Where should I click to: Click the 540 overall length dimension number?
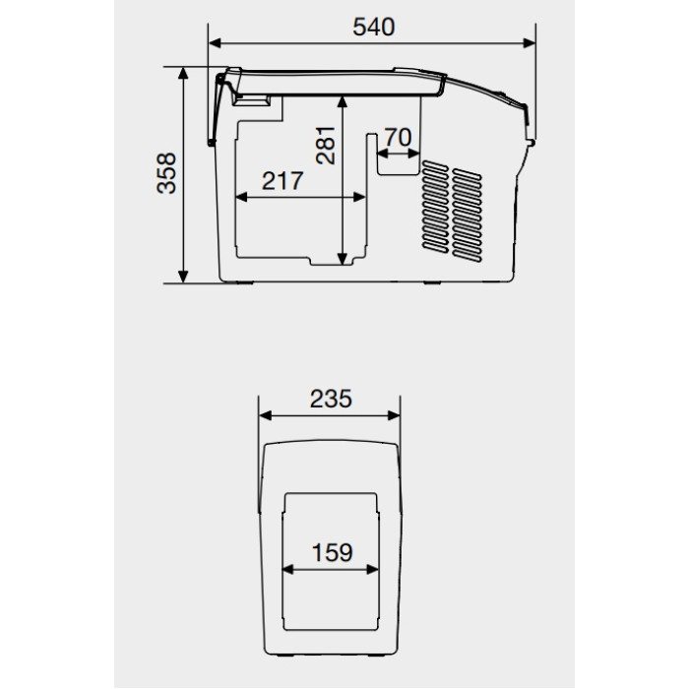[x=373, y=28]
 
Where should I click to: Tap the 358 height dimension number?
[x=166, y=173]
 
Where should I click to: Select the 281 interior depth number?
[x=326, y=146]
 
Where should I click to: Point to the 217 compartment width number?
[x=282, y=180]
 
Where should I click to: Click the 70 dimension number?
[x=398, y=138]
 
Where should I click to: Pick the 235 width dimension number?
[x=331, y=399]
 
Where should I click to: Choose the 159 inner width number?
[x=332, y=553]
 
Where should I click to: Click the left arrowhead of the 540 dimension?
[x=215, y=43]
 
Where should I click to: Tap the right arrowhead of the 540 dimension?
[x=530, y=43]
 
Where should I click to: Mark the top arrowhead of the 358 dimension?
[x=183, y=74]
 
